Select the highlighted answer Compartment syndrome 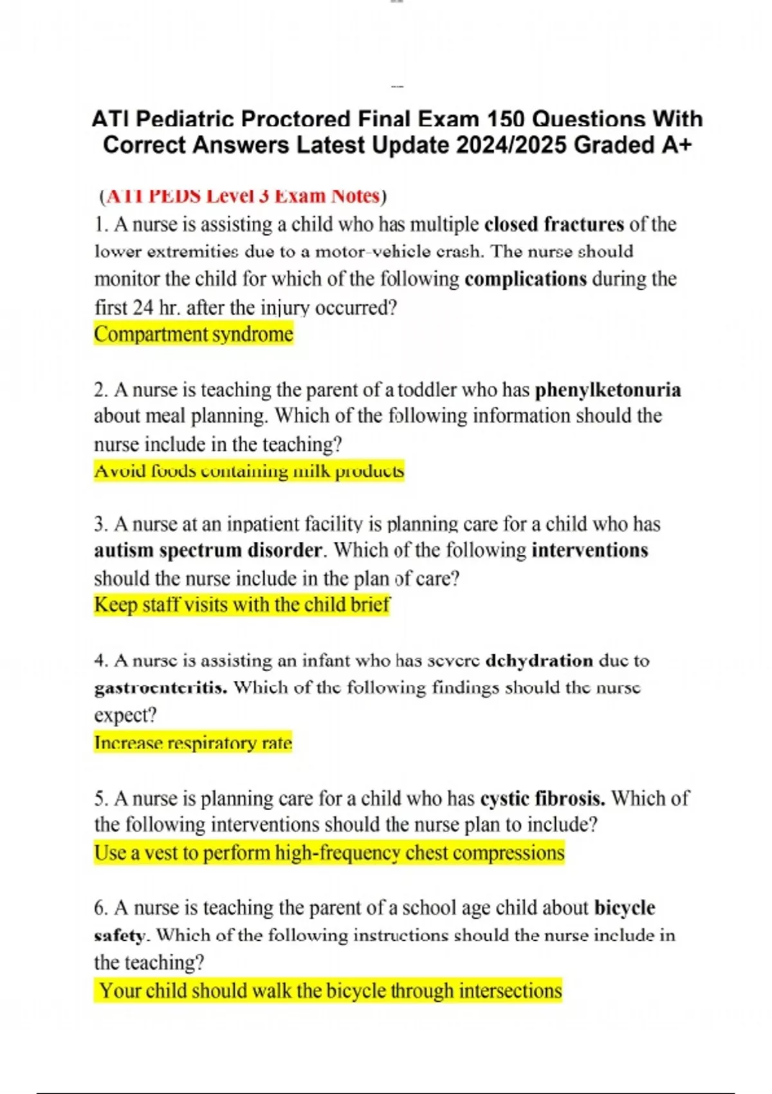(x=194, y=335)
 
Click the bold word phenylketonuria (x=608, y=390)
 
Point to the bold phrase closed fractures (x=554, y=224)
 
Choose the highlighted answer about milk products (x=249, y=471)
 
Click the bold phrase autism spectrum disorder (x=208, y=550)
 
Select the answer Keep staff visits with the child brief (x=242, y=605)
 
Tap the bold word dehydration (x=539, y=661)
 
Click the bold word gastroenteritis (x=161, y=688)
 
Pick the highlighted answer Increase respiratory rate (x=193, y=743)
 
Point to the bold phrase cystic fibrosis (x=542, y=799)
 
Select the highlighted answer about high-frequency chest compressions (x=329, y=853)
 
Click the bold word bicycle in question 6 (x=625, y=908)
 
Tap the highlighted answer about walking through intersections (x=330, y=990)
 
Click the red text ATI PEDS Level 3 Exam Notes (x=243, y=196)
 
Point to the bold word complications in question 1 (x=526, y=279)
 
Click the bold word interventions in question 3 (x=590, y=550)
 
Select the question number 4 (x=100, y=661)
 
